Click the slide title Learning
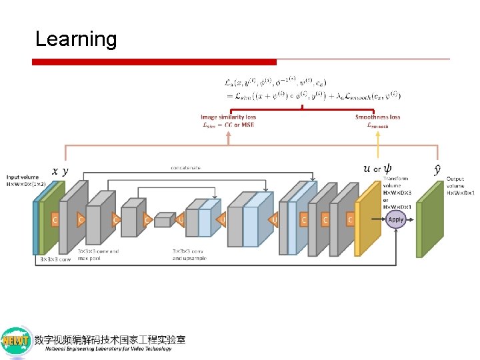pos(75,39)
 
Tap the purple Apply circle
pos(396,219)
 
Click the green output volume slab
pos(429,217)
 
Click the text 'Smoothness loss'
pos(377,117)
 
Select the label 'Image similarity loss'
pos(228,117)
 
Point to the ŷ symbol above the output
pos(437,169)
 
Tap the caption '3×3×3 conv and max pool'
pos(98,254)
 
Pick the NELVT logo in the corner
pos(17,342)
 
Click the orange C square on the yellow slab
pos(351,219)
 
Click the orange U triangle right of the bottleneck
pos(180,219)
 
